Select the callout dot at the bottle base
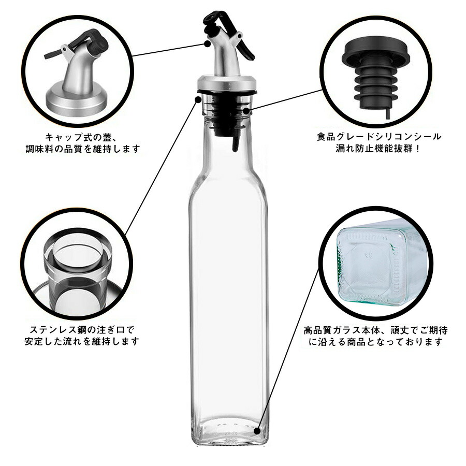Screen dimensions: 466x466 (257, 431)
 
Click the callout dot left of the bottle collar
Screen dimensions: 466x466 (198, 99)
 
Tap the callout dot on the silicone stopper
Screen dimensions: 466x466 (246, 111)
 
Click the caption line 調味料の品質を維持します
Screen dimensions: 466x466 (82, 149)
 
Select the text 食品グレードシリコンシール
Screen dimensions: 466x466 (378, 137)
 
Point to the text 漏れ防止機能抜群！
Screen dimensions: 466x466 (378, 148)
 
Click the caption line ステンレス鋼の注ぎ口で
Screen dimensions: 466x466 (82, 330)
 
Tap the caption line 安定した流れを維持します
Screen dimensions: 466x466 (82, 341)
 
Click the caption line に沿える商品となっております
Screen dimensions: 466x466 (376, 342)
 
